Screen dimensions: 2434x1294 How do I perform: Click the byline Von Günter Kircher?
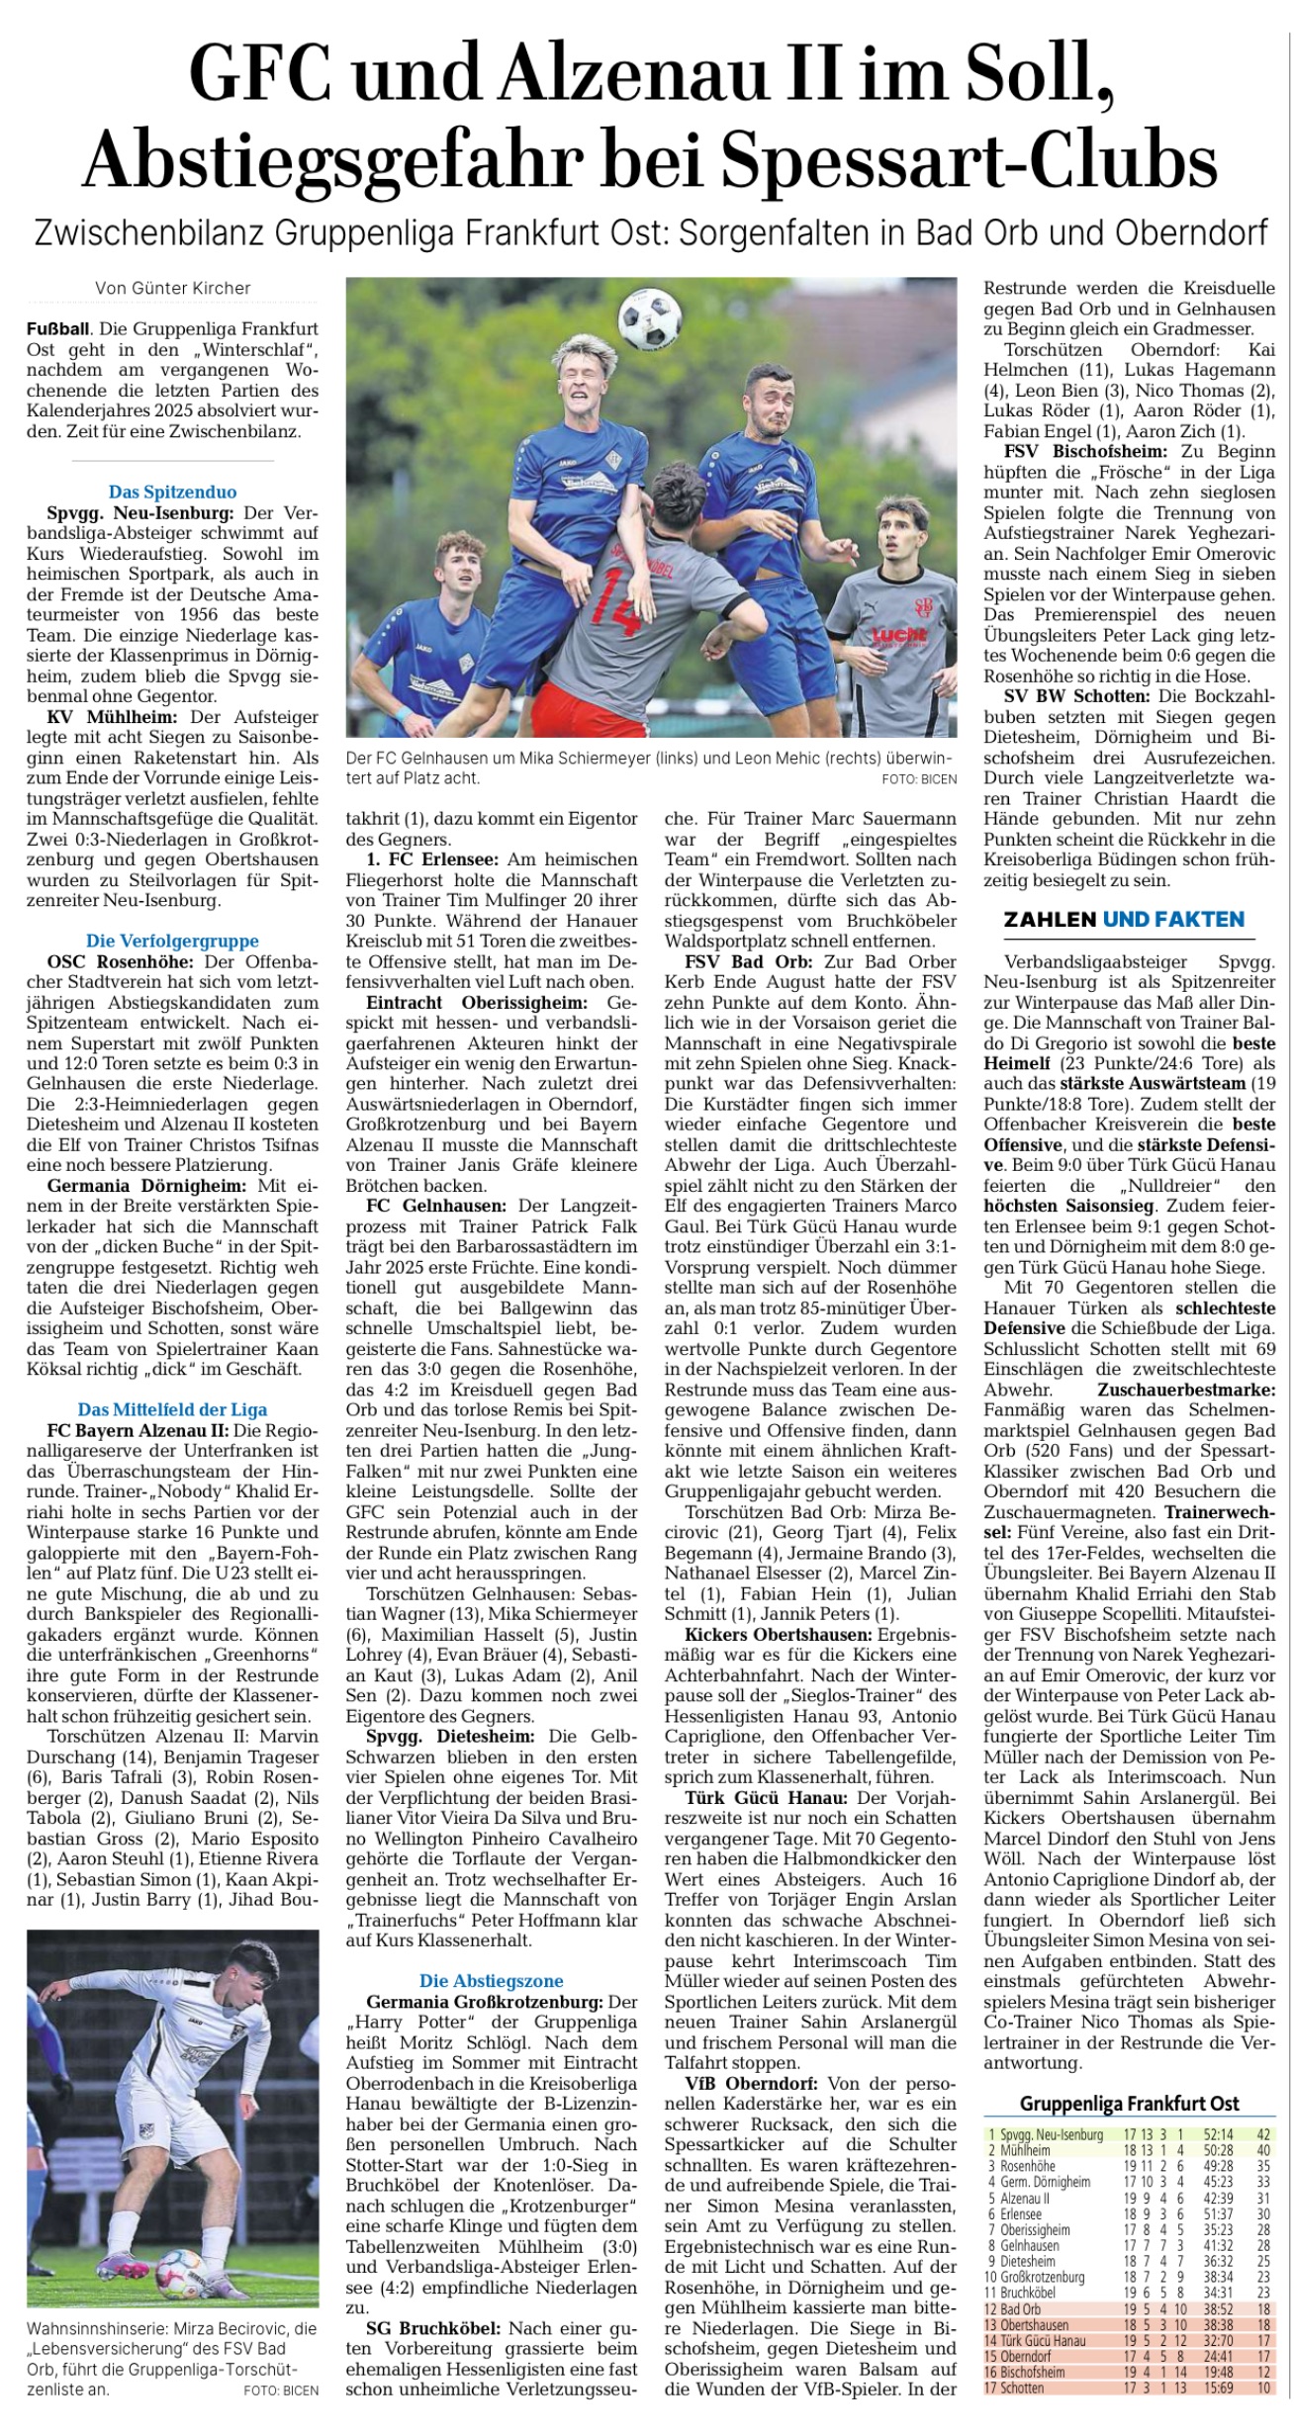point(173,288)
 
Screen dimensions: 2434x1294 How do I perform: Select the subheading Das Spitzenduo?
point(173,492)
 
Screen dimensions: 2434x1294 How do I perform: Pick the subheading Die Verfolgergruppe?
point(173,941)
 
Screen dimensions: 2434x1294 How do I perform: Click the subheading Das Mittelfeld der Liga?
point(173,1409)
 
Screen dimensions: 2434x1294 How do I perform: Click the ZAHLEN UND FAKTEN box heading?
point(1124,920)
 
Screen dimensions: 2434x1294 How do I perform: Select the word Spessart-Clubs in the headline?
point(970,158)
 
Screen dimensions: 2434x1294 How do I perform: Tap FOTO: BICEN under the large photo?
point(919,779)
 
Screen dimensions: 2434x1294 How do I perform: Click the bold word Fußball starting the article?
point(57,329)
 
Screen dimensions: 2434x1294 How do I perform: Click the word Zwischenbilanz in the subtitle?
point(148,234)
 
